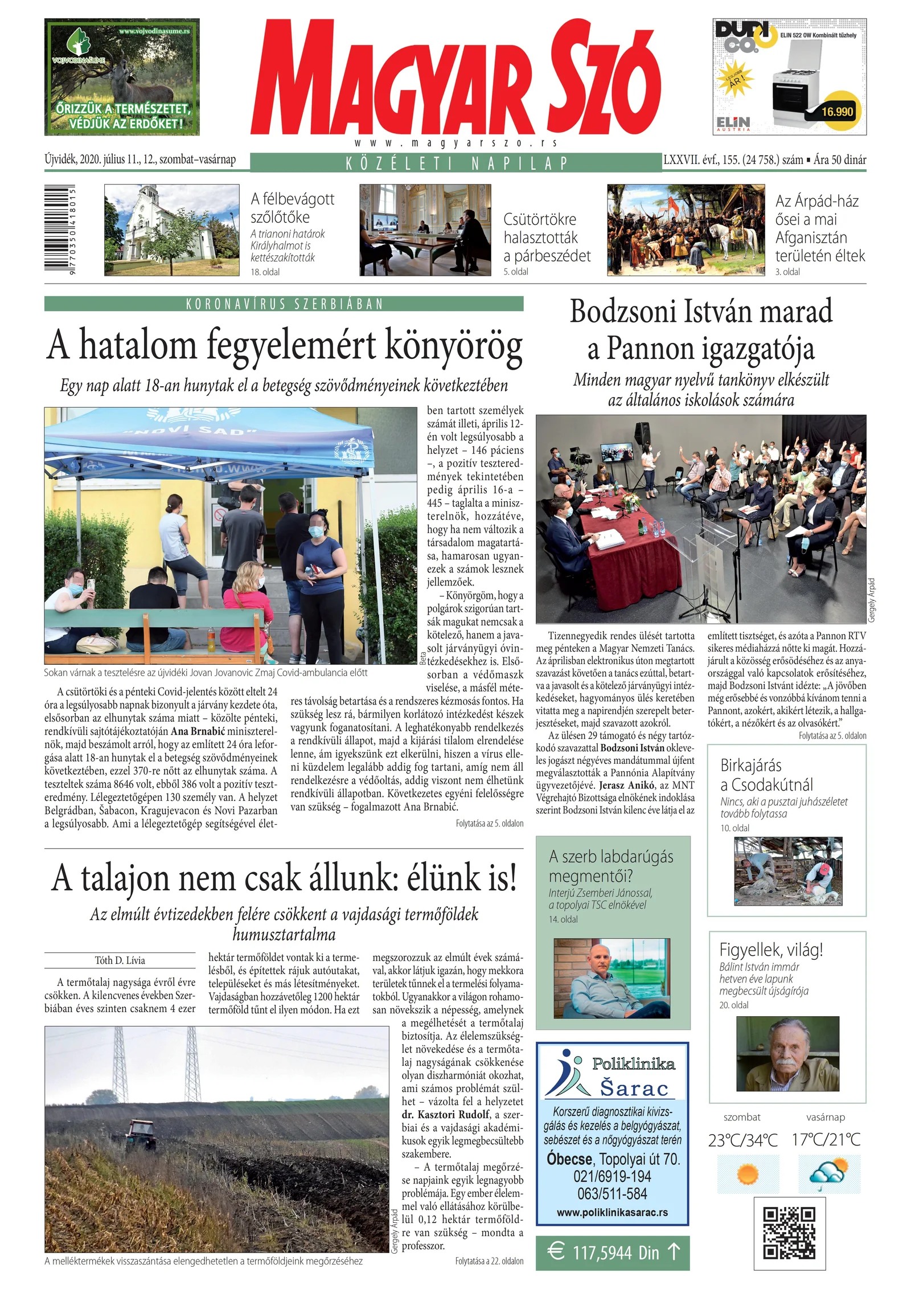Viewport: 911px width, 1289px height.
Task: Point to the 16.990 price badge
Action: tap(836, 111)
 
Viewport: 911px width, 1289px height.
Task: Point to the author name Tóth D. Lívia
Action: tap(120, 960)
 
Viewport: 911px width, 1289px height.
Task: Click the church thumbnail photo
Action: tap(171, 230)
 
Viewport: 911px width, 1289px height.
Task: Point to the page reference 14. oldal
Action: tap(563, 919)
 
